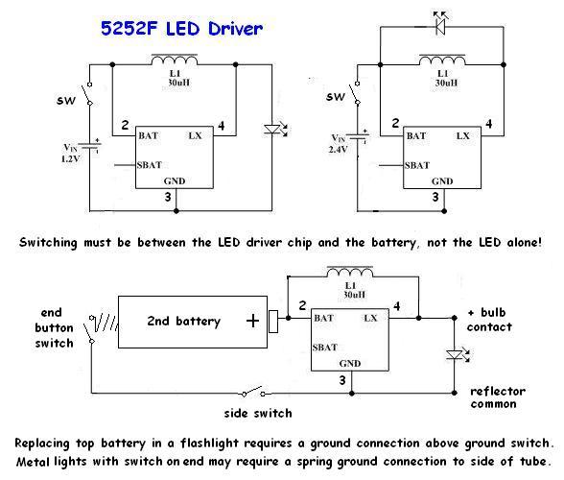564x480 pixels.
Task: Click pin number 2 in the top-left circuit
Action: [x=124, y=124]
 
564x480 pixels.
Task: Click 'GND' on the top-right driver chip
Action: [x=442, y=180]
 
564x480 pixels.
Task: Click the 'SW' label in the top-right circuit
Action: [x=335, y=96]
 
